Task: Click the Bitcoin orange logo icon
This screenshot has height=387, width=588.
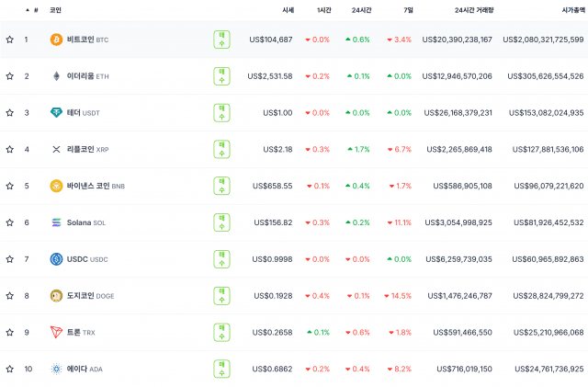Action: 56,40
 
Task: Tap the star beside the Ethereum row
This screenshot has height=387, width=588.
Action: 10,76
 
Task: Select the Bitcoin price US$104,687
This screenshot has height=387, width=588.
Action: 270,40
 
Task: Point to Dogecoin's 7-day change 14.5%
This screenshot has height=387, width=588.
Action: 399,296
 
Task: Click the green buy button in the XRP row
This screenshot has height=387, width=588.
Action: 222,149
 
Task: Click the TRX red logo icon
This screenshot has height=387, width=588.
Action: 56,333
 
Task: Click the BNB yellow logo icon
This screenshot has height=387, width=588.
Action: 56,186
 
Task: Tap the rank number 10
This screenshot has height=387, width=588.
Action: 28,370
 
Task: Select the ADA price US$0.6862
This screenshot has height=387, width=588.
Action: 272,370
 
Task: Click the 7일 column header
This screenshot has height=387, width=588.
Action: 407,9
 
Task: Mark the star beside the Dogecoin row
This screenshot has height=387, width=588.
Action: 10,296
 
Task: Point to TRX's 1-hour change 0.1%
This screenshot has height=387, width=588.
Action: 318,333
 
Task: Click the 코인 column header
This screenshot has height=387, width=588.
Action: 55,9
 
